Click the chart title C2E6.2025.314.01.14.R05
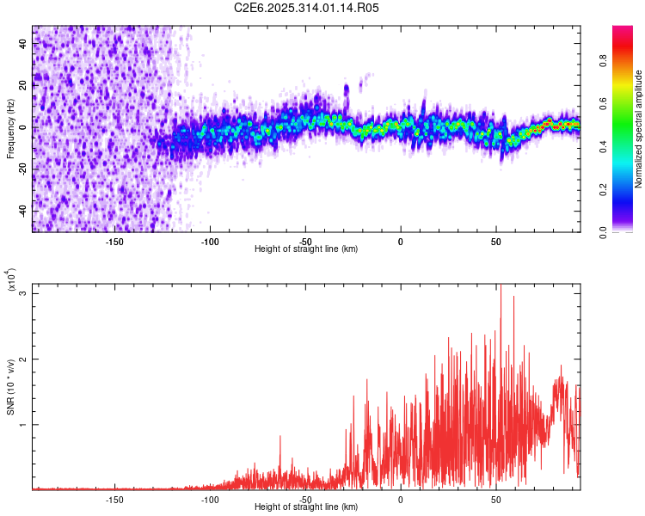[x=307, y=8]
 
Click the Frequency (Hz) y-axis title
[x=11, y=129]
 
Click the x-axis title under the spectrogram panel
[x=306, y=249]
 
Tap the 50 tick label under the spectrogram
[x=496, y=241]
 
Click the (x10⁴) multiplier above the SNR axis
[x=11, y=281]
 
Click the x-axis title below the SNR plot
[x=306, y=507]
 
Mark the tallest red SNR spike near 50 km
[x=500, y=286]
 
